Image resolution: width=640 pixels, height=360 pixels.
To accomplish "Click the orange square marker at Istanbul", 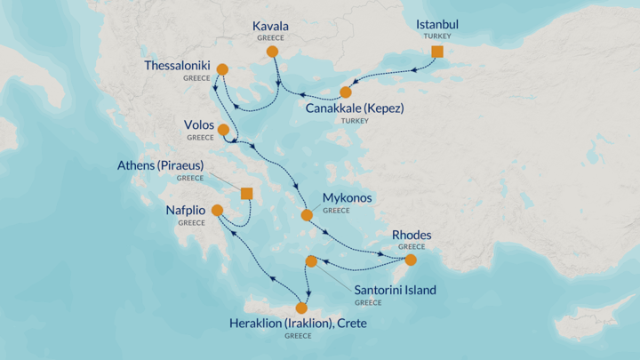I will [x=436, y=52].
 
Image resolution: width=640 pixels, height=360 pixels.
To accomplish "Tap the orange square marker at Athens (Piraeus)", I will [x=246, y=194].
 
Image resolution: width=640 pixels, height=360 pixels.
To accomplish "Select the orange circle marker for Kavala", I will [x=273, y=53].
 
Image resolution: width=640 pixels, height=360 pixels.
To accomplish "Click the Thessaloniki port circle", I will [x=222, y=69].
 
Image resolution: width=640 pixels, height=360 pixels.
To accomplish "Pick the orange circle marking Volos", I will [x=223, y=130].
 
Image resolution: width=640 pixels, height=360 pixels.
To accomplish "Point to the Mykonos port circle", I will [x=307, y=215].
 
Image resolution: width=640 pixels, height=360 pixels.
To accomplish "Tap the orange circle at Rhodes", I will [x=411, y=260].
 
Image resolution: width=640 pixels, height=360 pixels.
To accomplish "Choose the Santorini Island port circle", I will [x=311, y=261].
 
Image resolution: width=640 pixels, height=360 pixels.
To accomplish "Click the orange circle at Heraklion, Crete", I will [x=301, y=308].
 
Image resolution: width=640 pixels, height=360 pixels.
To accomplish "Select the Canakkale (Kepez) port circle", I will [x=345, y=92].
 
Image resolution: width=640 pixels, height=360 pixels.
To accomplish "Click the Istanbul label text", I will [x=437, y=24].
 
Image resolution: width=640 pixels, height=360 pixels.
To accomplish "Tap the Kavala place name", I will [x=272, y=27].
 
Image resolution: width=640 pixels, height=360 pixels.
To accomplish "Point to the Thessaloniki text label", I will [x=178, y=66].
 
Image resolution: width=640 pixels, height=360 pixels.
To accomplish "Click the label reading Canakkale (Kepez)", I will [x=354, y=108].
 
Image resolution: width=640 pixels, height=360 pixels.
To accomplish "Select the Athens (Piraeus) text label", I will [x=161, y=165].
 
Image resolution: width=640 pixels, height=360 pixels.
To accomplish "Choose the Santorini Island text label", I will [x=395, y=290].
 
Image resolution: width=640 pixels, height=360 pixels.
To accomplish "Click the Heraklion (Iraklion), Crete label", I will [x=298, y=324].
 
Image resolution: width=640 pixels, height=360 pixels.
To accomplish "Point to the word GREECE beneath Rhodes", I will [x=411, y=246].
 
